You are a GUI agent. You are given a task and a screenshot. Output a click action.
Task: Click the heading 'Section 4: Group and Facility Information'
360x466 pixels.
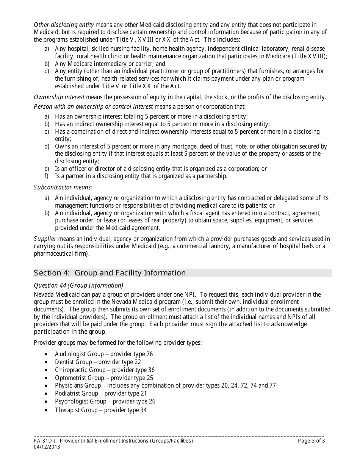110,273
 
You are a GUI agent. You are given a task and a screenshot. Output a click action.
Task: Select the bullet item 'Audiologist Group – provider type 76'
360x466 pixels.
104,354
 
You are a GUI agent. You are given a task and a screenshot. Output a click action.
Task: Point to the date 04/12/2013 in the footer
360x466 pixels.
47,447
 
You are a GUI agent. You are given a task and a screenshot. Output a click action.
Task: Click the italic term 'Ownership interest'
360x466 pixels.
59,97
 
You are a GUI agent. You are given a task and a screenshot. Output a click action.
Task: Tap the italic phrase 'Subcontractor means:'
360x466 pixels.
63,187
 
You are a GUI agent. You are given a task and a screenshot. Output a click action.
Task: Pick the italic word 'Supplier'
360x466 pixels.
45,239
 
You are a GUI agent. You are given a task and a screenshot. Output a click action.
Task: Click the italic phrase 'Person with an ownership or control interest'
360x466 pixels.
93,106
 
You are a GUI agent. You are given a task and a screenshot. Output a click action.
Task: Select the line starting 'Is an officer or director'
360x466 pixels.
161,169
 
